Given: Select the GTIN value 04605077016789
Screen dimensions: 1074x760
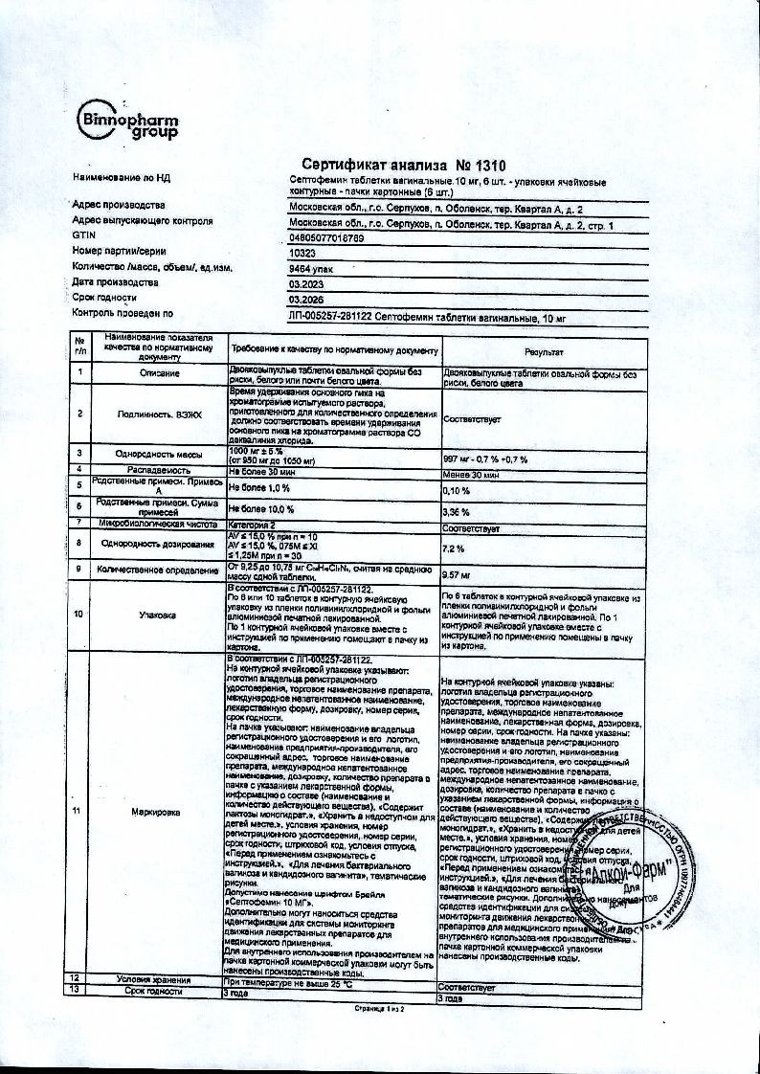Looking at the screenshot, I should (326, 237).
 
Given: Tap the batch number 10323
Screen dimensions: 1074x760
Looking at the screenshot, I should (302, 253).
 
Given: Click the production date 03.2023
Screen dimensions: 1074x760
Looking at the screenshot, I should (304, 283).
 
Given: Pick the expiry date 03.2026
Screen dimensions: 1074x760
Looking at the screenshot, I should (304, 299).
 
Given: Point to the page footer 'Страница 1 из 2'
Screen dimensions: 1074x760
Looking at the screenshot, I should (380, 1009).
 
